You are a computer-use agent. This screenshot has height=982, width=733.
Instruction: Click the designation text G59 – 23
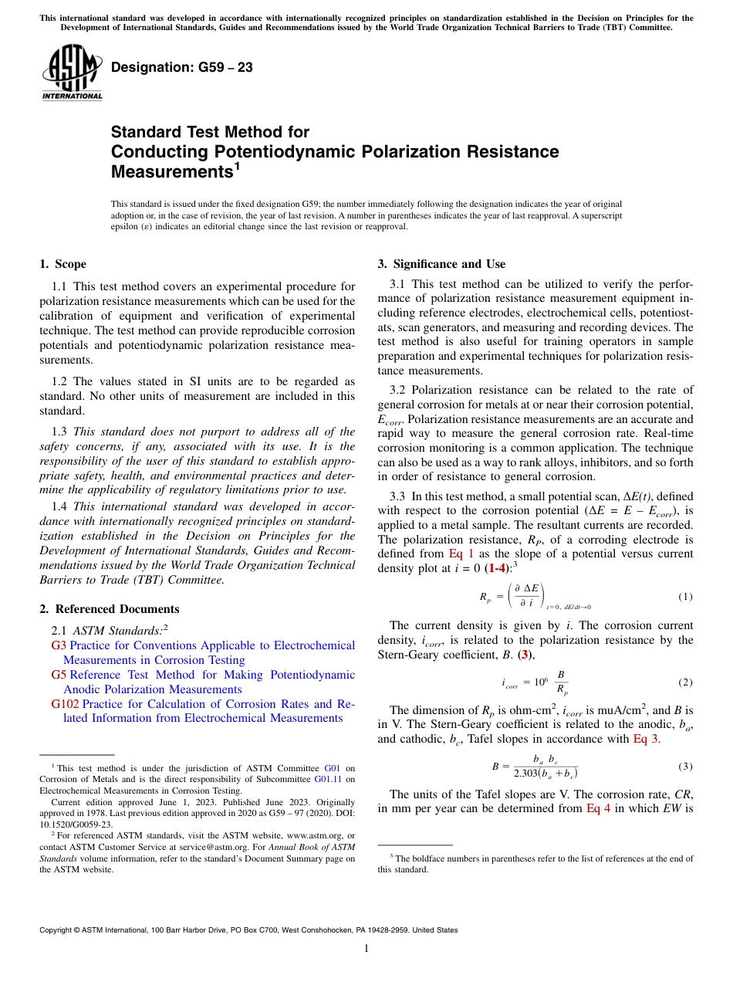(x=181, y=68)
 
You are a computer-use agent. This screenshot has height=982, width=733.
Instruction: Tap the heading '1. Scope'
(x=62, y=264)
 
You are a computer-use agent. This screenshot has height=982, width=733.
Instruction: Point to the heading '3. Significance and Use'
(x=441, y=264)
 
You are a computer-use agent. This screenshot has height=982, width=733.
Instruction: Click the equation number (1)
(x=685, y=597)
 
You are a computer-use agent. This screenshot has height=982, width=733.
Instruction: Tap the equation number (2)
(x=685, y=682)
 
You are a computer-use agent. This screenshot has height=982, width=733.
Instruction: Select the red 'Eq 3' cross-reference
(x=647, y=738)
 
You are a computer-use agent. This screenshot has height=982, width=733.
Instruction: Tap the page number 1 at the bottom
(x=366, y=949)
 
